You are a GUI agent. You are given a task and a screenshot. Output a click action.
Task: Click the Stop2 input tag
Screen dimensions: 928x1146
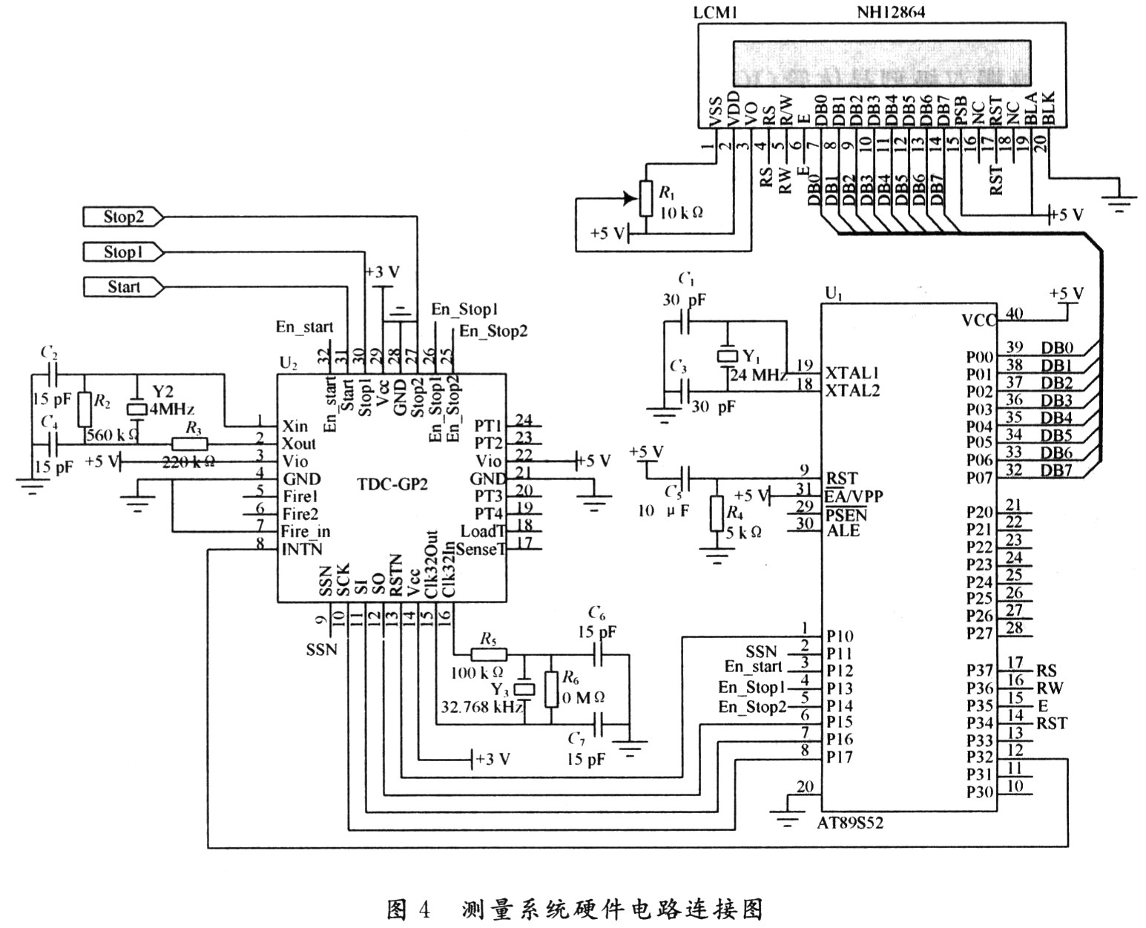point(122,217)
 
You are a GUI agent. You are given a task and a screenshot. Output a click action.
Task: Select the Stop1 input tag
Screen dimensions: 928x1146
point(122,252)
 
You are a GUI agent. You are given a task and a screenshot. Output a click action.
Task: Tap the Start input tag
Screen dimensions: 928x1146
point(122,287)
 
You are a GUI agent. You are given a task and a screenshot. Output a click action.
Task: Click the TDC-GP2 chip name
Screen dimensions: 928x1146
point(392,483)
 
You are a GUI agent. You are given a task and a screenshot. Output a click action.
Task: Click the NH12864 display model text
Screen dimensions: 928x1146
point(891,12)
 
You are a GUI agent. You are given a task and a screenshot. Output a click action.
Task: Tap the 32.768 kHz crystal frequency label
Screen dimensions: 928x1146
point(481,706)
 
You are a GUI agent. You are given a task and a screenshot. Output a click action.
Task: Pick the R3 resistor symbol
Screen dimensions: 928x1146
point(190,444)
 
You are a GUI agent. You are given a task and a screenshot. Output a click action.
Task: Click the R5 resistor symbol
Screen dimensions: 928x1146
point(489,654)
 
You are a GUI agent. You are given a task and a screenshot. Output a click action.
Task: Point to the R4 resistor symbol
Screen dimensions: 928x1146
point(716,514)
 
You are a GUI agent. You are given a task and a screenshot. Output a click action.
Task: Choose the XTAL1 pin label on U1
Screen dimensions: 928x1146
point(852,372)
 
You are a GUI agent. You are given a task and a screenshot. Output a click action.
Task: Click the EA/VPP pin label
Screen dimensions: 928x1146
point(854,496)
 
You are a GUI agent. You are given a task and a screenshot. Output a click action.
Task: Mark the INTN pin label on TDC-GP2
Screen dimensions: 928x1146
point(301,550)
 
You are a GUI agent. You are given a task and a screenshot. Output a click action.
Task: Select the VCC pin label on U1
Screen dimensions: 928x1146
point(979,320)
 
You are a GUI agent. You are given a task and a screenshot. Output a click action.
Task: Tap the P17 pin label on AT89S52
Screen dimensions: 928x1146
point(839,757)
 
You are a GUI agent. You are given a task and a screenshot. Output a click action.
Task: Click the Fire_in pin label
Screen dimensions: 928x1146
point(305,532)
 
